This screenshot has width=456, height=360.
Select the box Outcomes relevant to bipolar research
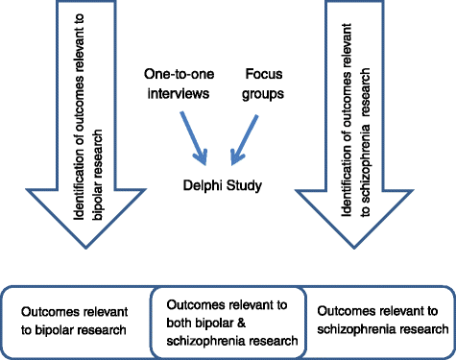(x=77, y=321)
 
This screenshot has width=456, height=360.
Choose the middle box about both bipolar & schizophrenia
(x=228, y=321)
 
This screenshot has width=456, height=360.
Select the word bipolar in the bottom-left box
(x=61, y=329)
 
